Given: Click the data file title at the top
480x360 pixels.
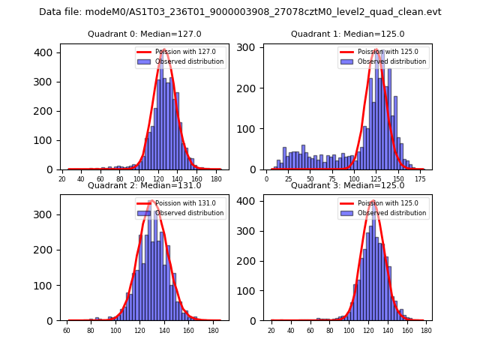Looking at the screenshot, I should pyautogui.click(x=240, y=12).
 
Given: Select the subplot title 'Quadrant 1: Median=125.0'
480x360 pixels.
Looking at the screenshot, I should pyautogui.click(x=347, y=34).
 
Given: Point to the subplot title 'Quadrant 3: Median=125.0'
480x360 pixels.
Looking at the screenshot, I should pyautogui.click(x=347, y=185).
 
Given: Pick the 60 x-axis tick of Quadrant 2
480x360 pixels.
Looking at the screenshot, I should pyautogui.click(x=67, y=330).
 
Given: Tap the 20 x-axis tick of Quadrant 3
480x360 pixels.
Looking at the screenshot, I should pyautogui.click(x=271, y=330).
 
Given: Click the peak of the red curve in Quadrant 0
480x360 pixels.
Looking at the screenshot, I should pyautogui.click(x=163, y=50).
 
